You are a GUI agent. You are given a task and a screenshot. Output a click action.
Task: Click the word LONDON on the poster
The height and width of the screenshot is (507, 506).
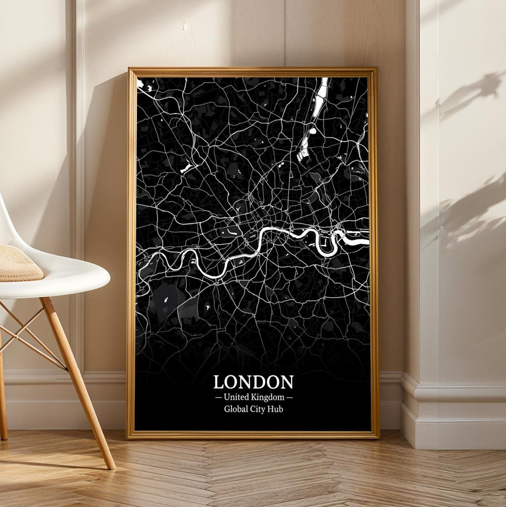253,382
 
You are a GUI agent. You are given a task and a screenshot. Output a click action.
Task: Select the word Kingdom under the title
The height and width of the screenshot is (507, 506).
267,397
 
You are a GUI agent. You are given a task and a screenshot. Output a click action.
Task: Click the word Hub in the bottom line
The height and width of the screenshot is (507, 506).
276,409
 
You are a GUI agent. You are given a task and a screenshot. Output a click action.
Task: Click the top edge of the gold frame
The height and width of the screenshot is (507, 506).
252,71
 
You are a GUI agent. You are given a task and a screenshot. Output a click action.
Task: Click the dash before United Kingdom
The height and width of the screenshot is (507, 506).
218,397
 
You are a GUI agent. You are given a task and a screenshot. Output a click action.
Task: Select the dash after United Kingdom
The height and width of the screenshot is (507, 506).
290,397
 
